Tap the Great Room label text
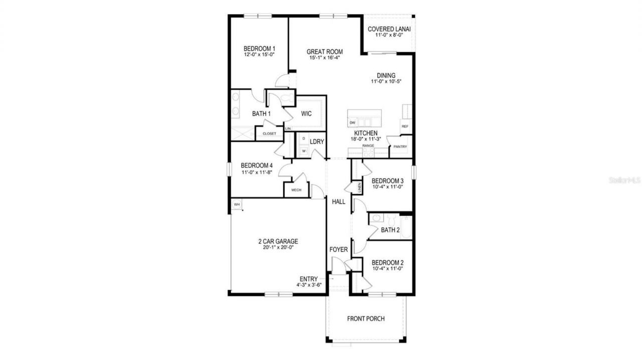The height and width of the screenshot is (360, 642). pyautogui.click(x=325, y=52)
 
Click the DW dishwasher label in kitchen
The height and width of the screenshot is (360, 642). pyautogui.click(x=353, y=123)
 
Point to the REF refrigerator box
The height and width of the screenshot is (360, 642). pyautogui.click(x=405, y=127)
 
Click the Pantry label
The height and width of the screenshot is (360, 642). pyautogui.click(x=400, y=147)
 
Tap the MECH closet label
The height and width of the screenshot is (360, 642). pyautogui.click(x=296, y=190)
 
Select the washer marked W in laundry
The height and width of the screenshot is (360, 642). pyautogui.click(x=304, y=150)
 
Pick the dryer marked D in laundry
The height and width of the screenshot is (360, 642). pyautogui.click(x=304, y=138)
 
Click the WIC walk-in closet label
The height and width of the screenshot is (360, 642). pyautogui.click(x=306, y=114)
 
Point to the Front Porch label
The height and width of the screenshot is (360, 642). pyautogui.click(x=366, y=319)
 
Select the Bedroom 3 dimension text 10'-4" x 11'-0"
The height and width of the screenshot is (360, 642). pyautogui.click(x=388, y=187)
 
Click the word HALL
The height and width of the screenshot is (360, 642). pyautogui.click(x=339, y=202)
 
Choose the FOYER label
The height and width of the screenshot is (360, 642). pyautogui.click(x=339, y=250)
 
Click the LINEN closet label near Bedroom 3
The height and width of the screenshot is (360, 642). pyautogui.click(x=360, y=188)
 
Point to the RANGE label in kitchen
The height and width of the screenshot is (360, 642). pyautogui.click(x=368, y=146)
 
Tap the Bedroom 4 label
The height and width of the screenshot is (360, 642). pyautogui.click(x=257, y=166)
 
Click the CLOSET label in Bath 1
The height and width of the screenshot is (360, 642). pyautogui.click(x=269, y=134)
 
